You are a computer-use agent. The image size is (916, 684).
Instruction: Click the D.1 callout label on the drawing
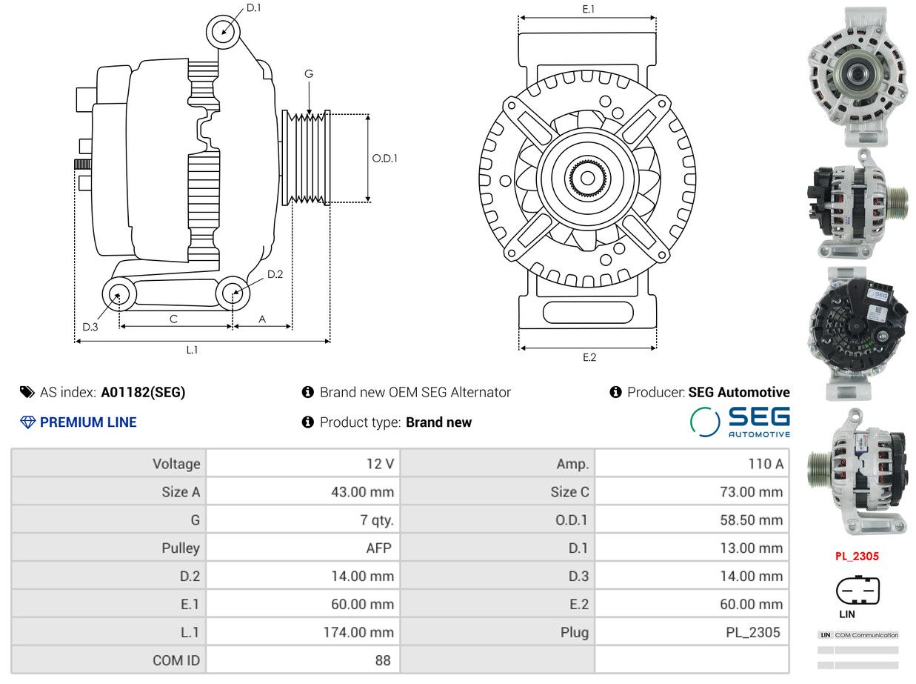253,7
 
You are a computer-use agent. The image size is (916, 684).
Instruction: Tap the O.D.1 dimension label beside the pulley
384,159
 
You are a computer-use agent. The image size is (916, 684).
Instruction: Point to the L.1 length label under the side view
192,350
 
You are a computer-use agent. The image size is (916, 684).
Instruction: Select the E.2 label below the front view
589,357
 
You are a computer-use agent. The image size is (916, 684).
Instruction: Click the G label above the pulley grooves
309,74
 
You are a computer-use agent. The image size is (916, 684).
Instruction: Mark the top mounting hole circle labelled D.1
224,32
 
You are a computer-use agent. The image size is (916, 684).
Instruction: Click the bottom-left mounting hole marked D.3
119,294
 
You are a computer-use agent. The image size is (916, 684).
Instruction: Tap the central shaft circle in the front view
587,179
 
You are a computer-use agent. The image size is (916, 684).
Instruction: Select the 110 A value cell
766,463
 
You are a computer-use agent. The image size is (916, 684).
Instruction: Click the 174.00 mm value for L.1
358,632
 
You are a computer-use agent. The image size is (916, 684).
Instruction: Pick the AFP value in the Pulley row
379,548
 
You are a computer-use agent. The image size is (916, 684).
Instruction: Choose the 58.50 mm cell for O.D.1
751,520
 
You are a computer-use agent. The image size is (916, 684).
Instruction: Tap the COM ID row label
176,660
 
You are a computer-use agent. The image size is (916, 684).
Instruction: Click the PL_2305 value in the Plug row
753,632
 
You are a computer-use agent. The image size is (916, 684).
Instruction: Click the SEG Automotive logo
740,422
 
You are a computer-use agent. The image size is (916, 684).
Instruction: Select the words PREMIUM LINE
88,422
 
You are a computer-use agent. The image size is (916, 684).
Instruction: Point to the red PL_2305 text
857,557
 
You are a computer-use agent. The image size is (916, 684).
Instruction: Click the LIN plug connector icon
858,590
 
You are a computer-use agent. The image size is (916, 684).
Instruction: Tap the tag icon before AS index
27,392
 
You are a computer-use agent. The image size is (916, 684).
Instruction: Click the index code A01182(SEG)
143,392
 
